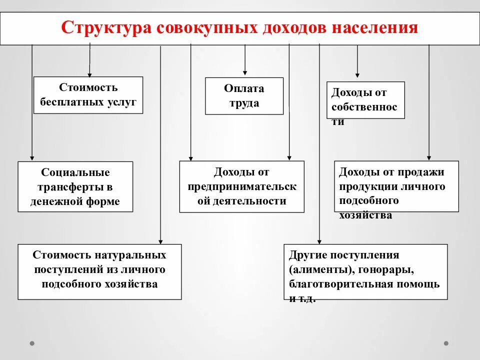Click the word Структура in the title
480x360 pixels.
[106, 27]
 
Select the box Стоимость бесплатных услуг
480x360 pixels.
[88, 95]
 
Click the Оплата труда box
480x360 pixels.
[244, 96]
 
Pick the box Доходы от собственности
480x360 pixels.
[365, 100]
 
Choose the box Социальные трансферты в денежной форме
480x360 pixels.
[75, 186]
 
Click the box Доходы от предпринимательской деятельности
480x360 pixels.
[241, 186]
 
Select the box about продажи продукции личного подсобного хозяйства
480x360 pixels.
[396, 186]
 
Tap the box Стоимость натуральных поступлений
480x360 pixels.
[99, 271]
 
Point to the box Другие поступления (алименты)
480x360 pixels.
[365, 271]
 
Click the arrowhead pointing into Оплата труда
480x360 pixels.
[244, 73]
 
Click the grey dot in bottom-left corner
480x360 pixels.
[32, 343]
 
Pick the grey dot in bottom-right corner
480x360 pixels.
[446, 343]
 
